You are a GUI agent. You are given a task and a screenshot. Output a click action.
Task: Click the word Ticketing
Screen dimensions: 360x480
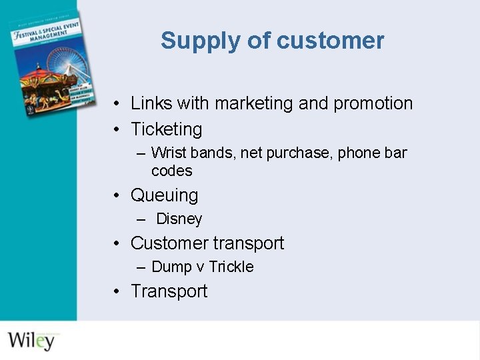pos(166,129)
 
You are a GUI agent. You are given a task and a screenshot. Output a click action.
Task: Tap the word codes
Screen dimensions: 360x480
pos(171,171)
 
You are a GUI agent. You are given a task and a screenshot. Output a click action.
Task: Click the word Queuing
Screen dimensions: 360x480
pos(164,195)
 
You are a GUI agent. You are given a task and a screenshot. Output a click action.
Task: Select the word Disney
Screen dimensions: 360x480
pos(179,219)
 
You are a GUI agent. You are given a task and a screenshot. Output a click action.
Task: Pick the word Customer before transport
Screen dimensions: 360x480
pos(169,243)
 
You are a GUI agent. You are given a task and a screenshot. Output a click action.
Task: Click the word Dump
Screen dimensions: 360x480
pos(171,267)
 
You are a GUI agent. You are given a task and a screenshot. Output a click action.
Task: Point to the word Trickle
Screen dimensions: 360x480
pos(231,267)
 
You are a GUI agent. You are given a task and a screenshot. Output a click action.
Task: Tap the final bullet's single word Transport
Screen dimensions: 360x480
pos(169,291)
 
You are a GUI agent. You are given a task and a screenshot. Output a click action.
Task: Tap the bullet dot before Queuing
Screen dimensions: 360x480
pos(116,196)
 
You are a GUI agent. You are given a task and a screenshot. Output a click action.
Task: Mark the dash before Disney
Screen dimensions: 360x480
pos(141,219)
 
